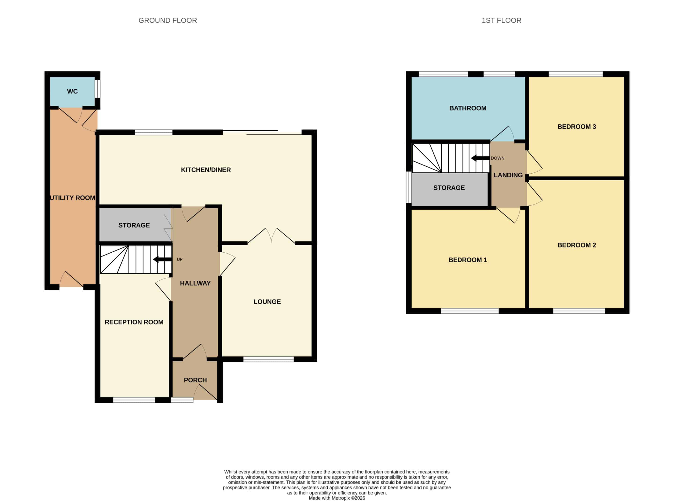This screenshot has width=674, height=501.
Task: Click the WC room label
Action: pos(72,91)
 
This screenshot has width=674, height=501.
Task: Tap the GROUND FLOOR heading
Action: pos(168,20)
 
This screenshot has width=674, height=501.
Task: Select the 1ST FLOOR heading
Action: pos(502,20)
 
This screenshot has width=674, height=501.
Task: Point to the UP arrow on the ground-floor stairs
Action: pos(162,259)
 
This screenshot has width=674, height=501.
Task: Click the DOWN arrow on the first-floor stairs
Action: pos(480,158)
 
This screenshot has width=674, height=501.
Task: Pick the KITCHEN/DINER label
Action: pos(206,170)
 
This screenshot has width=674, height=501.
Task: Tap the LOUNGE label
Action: pos(267,302)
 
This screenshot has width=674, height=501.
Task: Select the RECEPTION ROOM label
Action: pos(134,322)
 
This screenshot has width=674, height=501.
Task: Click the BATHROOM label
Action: pos(468,108)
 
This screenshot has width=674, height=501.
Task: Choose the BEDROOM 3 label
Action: pos(576,127)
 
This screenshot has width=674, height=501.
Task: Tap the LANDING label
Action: pos(508,175)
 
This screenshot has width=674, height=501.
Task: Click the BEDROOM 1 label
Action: pos(468,260)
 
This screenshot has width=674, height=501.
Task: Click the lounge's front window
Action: pos(268,359)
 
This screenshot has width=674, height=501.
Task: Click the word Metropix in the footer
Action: pos(341,498)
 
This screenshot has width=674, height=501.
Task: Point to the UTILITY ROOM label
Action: pos(73,198)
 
